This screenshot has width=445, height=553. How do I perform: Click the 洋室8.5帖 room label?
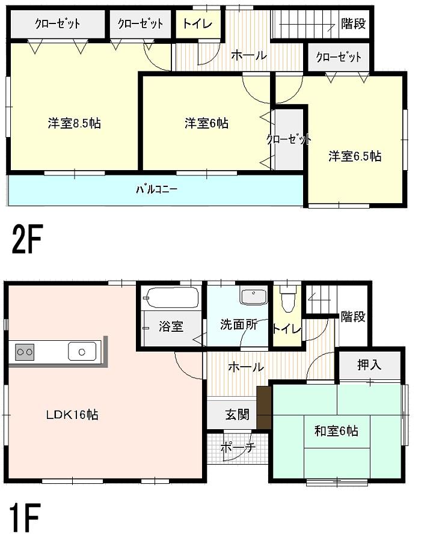[74, 124]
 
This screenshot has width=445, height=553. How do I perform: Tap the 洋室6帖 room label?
[206, 123]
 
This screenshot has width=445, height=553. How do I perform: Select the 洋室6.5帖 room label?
[354, 156]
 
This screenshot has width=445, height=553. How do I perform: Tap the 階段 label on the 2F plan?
[353, 24]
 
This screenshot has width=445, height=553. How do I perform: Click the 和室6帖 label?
[337, 431]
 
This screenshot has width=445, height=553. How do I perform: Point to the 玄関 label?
[238, 415]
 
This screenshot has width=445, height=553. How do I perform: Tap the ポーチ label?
[238, 447]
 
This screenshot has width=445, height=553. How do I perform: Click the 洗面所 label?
[238, 325]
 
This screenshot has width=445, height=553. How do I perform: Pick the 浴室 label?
[171, 326]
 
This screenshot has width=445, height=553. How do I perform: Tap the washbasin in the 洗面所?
[253, 297]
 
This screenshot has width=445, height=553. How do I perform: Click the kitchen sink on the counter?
[83, 350]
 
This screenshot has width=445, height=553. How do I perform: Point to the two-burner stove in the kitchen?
[24, 350]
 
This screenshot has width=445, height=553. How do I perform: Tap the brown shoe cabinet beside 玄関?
[263, 408]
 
